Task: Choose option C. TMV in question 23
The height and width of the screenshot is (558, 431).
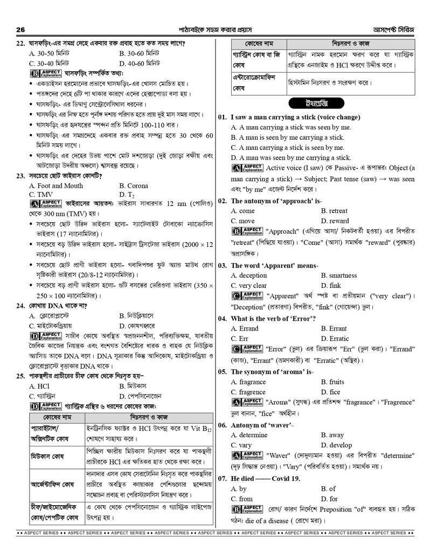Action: (x=41, y=195)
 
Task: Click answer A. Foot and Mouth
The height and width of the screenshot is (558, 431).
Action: (x=56, y=185)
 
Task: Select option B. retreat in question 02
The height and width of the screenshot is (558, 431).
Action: (x=334, y=211)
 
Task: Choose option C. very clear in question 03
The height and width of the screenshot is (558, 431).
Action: (x=249, y=285)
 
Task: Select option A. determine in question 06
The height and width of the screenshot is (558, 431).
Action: (x=249, y=435)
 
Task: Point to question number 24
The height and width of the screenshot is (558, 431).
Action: (x=21, y=306)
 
